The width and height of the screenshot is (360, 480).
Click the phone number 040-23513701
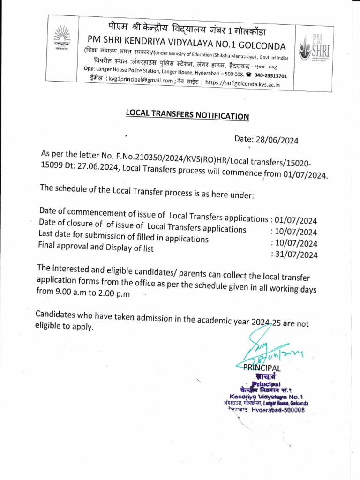[x=271, y=75]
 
